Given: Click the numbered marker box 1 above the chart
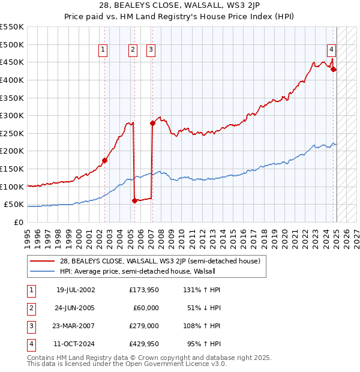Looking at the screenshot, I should point(103,50).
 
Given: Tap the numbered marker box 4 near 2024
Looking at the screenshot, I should point(331,50).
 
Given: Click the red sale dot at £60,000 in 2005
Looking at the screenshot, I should point(134,201).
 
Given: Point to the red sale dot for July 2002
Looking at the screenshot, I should point(104,160).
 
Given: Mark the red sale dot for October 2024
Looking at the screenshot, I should point(334,69).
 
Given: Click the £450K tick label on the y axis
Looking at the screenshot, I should point(12,62).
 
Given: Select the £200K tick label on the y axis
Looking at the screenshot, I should point(12,151).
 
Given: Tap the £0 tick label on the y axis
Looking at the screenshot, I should point(18,222).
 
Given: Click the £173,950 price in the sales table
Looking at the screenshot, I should point(143,290).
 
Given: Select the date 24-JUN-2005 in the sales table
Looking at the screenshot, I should point(76,308).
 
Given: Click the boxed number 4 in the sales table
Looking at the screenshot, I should point(31,344).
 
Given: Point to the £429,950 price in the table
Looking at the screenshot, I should point(143,344).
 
